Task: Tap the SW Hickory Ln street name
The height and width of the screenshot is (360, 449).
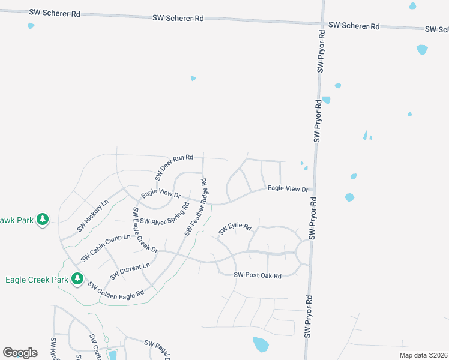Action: pos(92,216)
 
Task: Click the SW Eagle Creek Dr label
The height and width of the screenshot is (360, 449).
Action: pos(145,230)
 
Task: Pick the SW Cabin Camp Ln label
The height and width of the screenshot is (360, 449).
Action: pos(106,248)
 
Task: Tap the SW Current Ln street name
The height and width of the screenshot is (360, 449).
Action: pos(130,271)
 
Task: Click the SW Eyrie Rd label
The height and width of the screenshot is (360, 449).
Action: pos(234,229)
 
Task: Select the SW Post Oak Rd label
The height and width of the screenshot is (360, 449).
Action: pos(258,275)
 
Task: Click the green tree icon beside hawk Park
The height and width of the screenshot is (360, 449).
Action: pos(42,220)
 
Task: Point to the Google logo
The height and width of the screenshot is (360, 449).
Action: pos(20,353)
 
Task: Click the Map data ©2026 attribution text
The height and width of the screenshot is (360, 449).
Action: pos(423,355)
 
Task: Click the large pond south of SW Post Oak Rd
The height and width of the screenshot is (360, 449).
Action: pos(261,344)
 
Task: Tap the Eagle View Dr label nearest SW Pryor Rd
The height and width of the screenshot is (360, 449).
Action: pos(287,188)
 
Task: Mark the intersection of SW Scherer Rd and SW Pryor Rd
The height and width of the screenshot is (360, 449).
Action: pos(322,25)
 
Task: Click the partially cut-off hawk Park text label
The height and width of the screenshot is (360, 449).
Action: pos(16,220)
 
